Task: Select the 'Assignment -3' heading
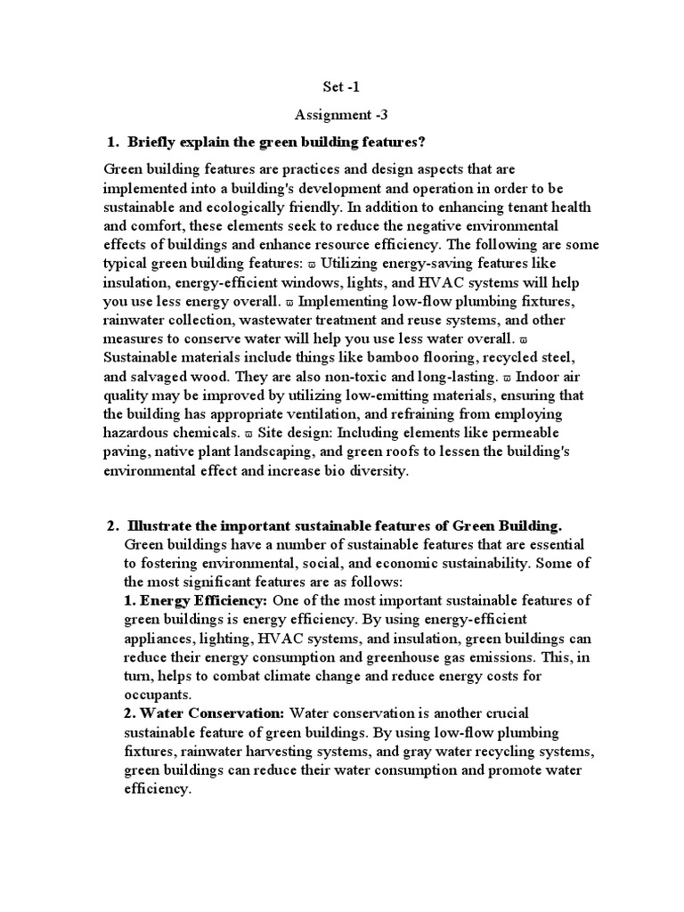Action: (341, 115)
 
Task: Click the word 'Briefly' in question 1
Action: (153, 142)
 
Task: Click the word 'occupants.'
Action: (157, 695)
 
